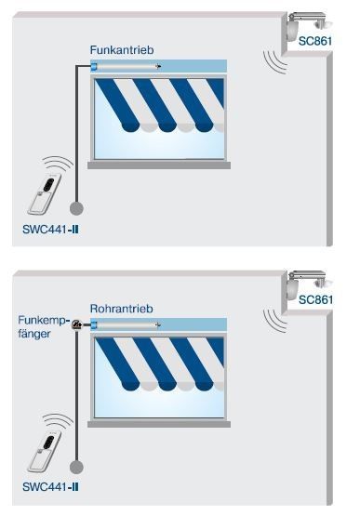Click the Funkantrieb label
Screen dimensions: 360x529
[x=122, y=50]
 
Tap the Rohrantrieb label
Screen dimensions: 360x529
[x=121, y=309]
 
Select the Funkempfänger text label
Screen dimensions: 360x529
[x=44, y=326]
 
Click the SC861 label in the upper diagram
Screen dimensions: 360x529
[x=315, y=41]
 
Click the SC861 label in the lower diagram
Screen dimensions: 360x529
[x=315, y=299]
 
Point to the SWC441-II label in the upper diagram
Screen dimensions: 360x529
[x=50, y=230]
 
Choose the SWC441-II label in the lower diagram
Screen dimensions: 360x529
[x=50, y=486]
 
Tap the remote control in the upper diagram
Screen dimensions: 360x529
[x=45, y=194]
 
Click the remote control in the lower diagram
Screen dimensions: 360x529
[x=45, y=452]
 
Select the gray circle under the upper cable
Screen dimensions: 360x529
[x=76, y=208]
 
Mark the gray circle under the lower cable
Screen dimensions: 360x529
[x=76, y=468]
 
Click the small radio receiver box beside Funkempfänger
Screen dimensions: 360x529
[x=77, y=325]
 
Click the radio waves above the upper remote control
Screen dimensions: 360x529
[x=58, y=163]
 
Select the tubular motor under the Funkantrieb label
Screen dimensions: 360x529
[x=126, y=66]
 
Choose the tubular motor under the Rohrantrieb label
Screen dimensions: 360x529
[x=126, y=324]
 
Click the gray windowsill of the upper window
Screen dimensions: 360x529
[x=159, y=165]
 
